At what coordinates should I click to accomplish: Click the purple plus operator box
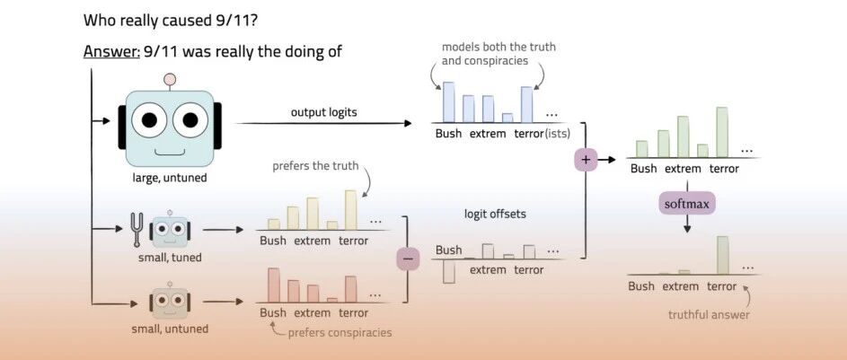(587, 160)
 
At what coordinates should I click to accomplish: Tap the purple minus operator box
(408, 259)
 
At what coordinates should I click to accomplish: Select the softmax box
(686, 205)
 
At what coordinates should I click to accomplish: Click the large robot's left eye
(148, 119)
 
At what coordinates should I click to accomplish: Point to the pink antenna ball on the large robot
(170, 80)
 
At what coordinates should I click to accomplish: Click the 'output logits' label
(323, 112)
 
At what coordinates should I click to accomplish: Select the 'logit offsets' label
(495, 214)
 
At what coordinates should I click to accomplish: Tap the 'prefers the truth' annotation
(315, 166)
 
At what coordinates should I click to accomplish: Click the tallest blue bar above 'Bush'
(448, 102)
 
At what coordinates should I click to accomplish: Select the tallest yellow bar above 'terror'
(350, 210)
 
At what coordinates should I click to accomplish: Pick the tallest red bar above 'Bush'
(274, 285)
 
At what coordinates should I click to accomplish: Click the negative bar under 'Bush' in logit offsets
(448, 271)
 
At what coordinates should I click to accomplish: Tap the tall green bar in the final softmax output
(723, 255)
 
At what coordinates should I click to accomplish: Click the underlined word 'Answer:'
(111, 52)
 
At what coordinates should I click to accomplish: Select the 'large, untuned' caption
(170, 177)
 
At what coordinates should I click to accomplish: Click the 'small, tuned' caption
(170, 258)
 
